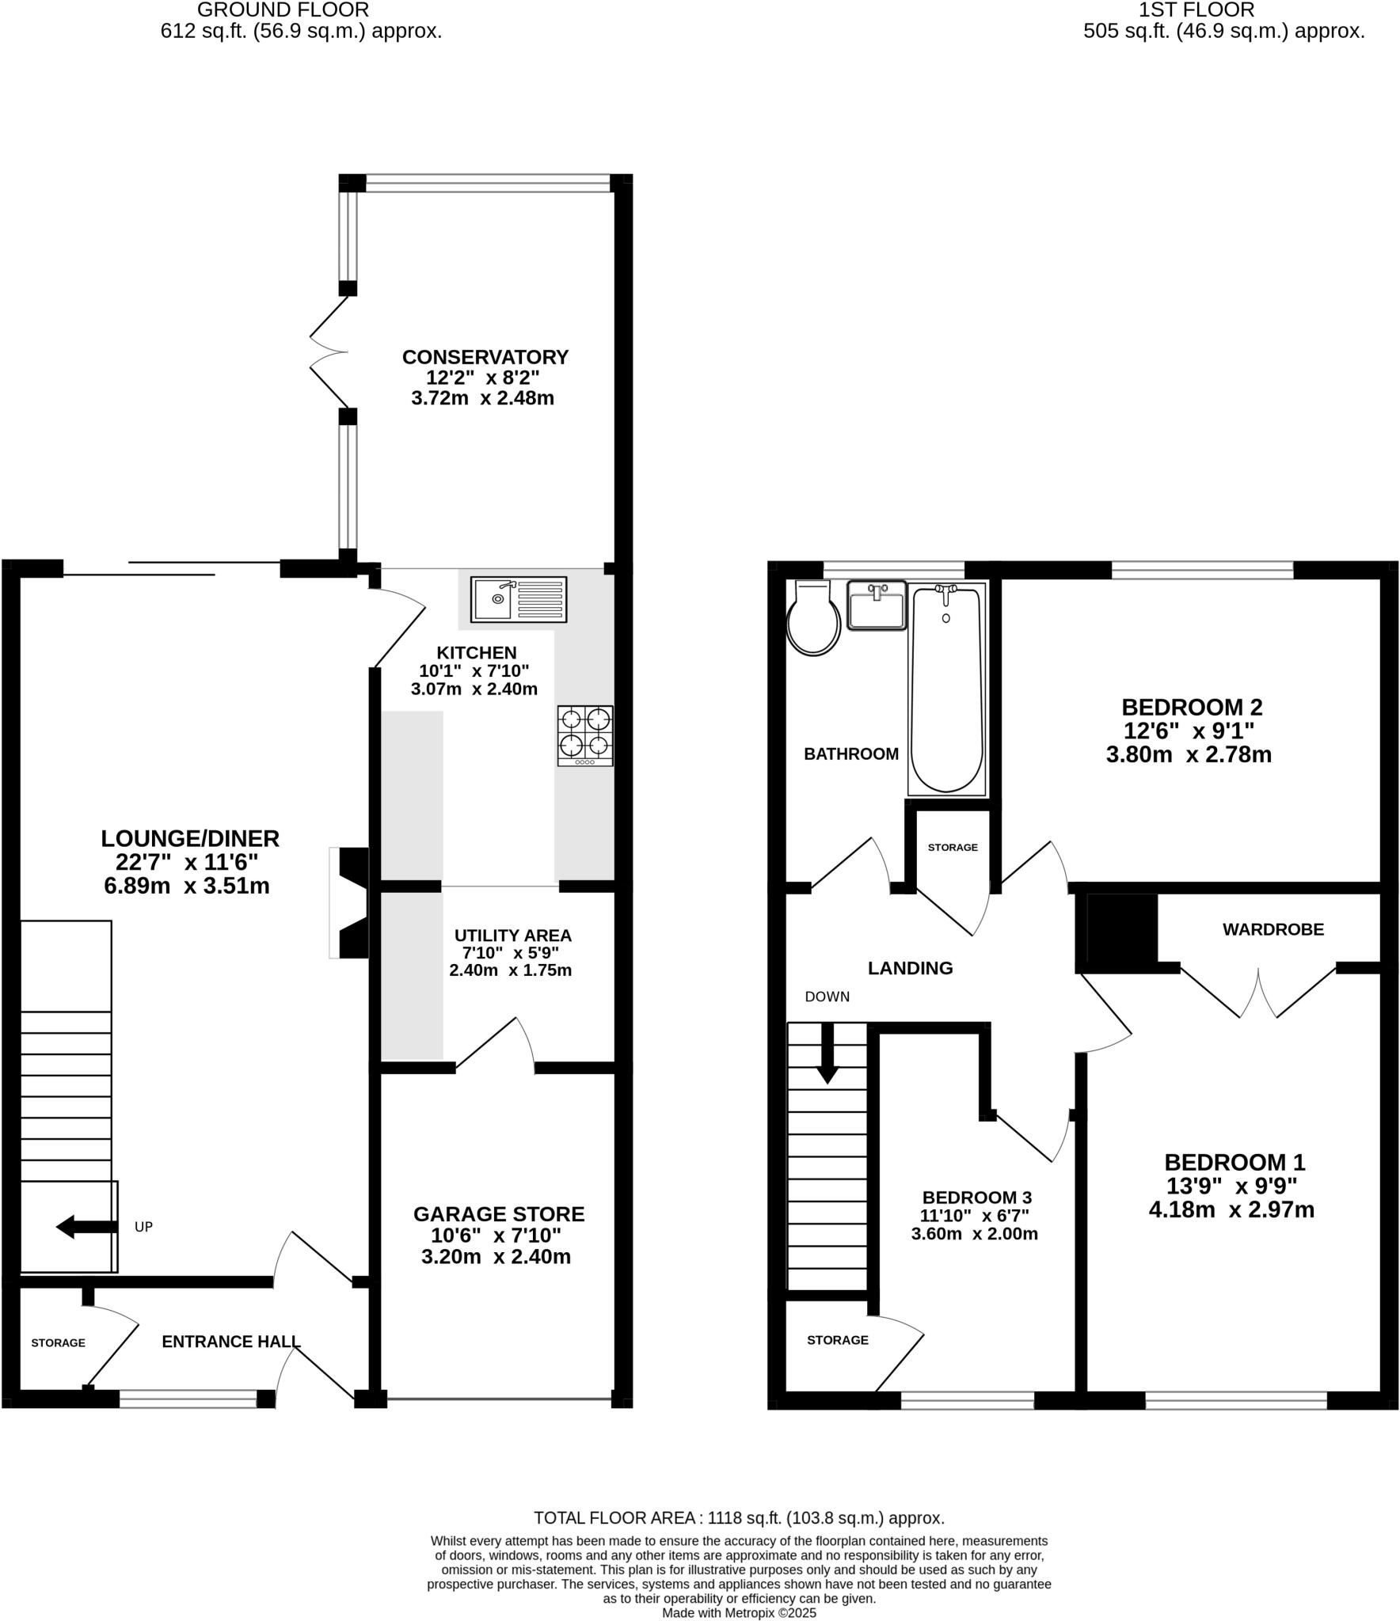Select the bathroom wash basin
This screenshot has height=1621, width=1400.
click(877, 606)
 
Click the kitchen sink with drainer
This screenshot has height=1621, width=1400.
click(519, 599)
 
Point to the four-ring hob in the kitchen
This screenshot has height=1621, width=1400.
click(585, 735)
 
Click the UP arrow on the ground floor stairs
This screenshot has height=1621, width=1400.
click(86, 1228)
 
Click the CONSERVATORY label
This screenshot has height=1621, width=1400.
click(485, 357)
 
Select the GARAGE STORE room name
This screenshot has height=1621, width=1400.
click(498, 1214)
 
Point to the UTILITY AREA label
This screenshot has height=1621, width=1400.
click(511, 936)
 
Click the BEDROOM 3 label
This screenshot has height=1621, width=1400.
click(976, 1198)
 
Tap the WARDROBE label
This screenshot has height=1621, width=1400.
click(1273, 930)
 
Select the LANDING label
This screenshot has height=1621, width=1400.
click(910, 968)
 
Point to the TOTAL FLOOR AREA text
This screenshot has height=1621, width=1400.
click(738, 1518)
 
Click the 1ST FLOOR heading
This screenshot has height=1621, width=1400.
click(1196, 9)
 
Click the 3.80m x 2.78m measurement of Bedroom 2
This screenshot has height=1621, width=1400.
click(1188, 754)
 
